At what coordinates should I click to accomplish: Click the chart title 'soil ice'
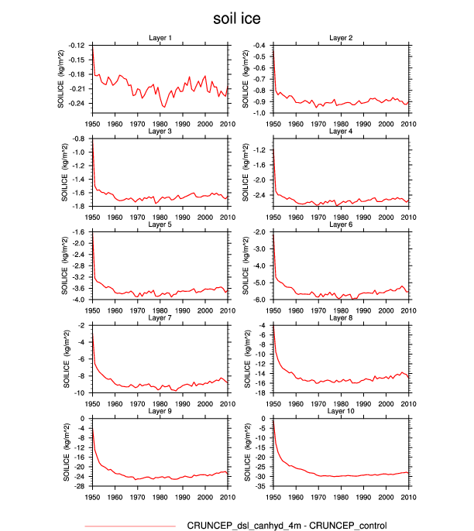pyautogui.click(x=237, y=18)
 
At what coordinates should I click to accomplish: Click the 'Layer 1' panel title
pyautogui.click(x=160, y=38)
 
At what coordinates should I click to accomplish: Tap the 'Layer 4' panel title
pyautogui.click(x=341, y=132)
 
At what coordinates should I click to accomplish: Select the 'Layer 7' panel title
pyautogui.click(x=160, y=318)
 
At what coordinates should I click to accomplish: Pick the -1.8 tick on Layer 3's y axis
pyautogui.click(x=78, y=206)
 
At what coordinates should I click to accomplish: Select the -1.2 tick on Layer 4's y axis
pyautogui.click(x=260, y=149)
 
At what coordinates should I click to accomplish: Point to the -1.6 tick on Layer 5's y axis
pyautogui.click(x=78, y=232)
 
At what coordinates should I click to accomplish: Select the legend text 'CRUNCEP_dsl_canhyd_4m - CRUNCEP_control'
pyautogui.click(x=287, y=526)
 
